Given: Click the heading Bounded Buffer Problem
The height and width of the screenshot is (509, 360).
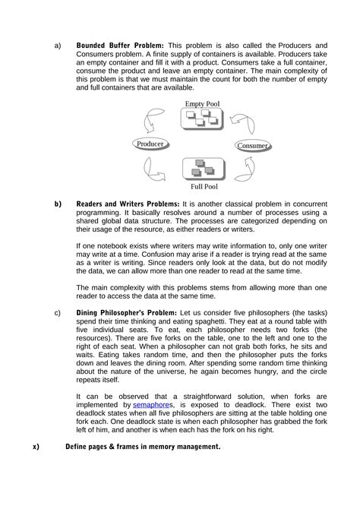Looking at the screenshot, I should pyautogui.click(x=120, y=45).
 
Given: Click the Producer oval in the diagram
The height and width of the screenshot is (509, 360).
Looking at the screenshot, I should pyautogui.click(x=150, y=144).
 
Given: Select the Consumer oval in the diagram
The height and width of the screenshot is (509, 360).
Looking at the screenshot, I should pyautogui.click(x=252, y=146).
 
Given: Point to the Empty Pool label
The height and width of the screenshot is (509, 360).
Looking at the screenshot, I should pyautogui.click(x=203, y=103).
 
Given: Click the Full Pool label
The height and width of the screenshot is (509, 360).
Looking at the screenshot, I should pyautogui.click(x=204, y=185).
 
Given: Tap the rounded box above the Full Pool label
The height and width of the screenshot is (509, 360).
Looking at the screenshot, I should pyautogui.click(x=202, y=166).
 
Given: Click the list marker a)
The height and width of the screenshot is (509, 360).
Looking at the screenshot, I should pyautogui.click(x=58, y=45).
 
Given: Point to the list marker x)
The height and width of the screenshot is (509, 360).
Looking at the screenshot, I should pyautogui.click(x=36, y=447).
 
